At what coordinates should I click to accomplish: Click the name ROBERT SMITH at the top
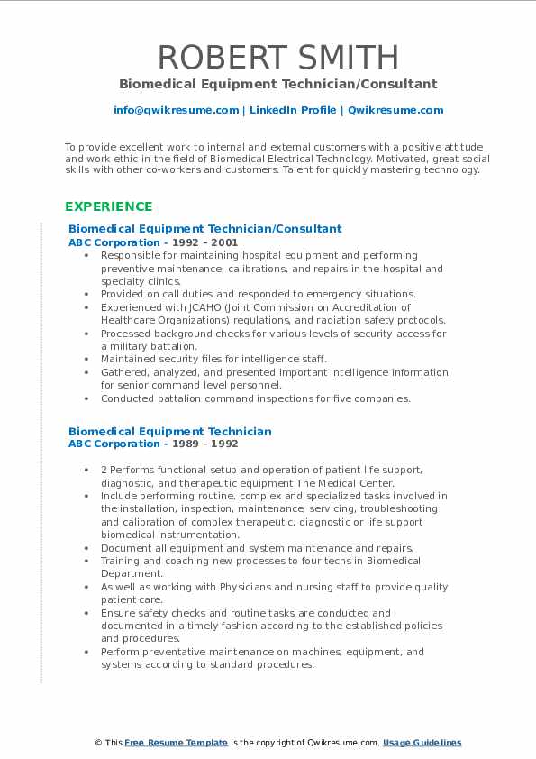tap(277, 57)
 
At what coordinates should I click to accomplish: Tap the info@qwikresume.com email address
tap(176, 110)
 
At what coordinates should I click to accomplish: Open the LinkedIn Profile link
tap(293, 110)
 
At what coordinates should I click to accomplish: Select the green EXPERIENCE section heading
tap(108, 206)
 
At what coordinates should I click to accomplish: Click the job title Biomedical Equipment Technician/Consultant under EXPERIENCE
tap(204, 229)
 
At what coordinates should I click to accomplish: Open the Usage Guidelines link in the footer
tap(422, 743)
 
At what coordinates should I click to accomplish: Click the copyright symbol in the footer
tap(99, 743)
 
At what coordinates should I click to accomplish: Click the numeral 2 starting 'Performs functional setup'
tap(104, 470)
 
